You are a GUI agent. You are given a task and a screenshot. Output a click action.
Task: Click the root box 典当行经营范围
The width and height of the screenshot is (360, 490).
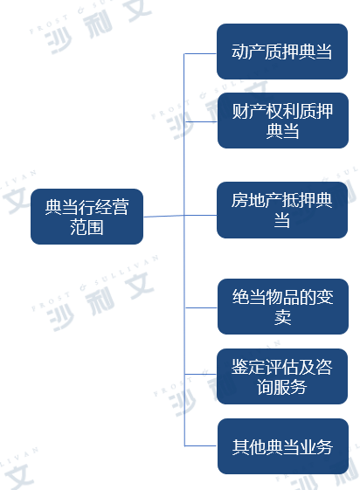pos(87,217)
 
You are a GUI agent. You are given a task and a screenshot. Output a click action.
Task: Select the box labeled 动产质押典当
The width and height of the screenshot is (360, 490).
pos(282,52)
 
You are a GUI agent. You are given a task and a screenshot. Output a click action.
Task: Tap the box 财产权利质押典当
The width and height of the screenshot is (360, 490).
pos(283,121)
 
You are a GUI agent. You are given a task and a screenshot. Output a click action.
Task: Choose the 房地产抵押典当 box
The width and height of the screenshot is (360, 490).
pos(282,210)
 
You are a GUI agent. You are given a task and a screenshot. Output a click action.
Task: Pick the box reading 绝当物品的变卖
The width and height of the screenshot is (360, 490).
pos(283,307)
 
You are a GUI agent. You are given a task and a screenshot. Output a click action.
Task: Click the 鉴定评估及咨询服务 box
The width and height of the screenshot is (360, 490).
pos(282,376)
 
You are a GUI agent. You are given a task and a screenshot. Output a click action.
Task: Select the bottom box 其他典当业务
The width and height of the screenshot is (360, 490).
pos(283,446)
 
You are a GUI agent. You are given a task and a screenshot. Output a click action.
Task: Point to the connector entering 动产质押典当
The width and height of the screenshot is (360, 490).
pos(200,54)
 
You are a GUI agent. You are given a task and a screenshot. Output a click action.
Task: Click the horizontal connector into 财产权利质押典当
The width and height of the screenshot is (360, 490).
pos(201,121)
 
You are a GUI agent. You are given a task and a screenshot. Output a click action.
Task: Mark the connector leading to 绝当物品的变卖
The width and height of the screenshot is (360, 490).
pos(201,307)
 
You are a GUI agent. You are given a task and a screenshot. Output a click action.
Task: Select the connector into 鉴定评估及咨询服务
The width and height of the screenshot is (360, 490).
pos(201,374)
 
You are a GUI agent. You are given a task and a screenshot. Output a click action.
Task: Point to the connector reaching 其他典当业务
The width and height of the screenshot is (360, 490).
pos(201,446)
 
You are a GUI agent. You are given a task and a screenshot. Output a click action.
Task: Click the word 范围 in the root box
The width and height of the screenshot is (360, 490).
pos(87,227)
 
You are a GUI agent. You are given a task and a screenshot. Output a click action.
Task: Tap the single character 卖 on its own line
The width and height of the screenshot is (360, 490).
pos(282,317)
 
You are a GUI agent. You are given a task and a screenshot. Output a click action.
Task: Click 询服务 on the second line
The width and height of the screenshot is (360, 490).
pos(281,387)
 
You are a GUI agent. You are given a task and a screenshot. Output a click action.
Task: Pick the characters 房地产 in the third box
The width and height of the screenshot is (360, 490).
pos(256,200)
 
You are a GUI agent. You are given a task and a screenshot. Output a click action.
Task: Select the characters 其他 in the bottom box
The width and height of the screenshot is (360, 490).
pos(249,447)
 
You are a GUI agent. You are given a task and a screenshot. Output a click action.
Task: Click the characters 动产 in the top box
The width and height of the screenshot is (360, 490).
pos(248,52)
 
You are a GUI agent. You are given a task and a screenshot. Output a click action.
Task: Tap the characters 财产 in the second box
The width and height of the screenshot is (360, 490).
pos(249,111)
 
